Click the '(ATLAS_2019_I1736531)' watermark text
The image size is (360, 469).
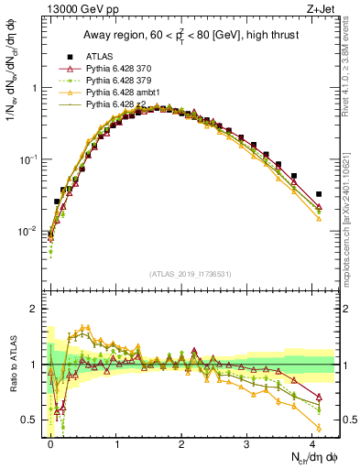pyautogui.click(x=190, y=274)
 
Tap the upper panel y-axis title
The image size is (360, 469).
pyautogui.click(x=12, y=82)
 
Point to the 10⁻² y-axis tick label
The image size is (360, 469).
pyautogui.click(x=28, y=230)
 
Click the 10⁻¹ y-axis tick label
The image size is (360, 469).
pyautogui.click(x=28, y=159)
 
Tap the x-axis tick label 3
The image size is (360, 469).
pyautogui.click(x=247, y=444)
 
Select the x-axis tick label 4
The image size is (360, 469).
pyautogui.click(x=312, y=444)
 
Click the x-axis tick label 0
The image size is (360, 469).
pyautogui.click(x=50, y=444)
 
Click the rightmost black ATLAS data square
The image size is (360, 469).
pyautogui.click(x=319, y=194)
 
